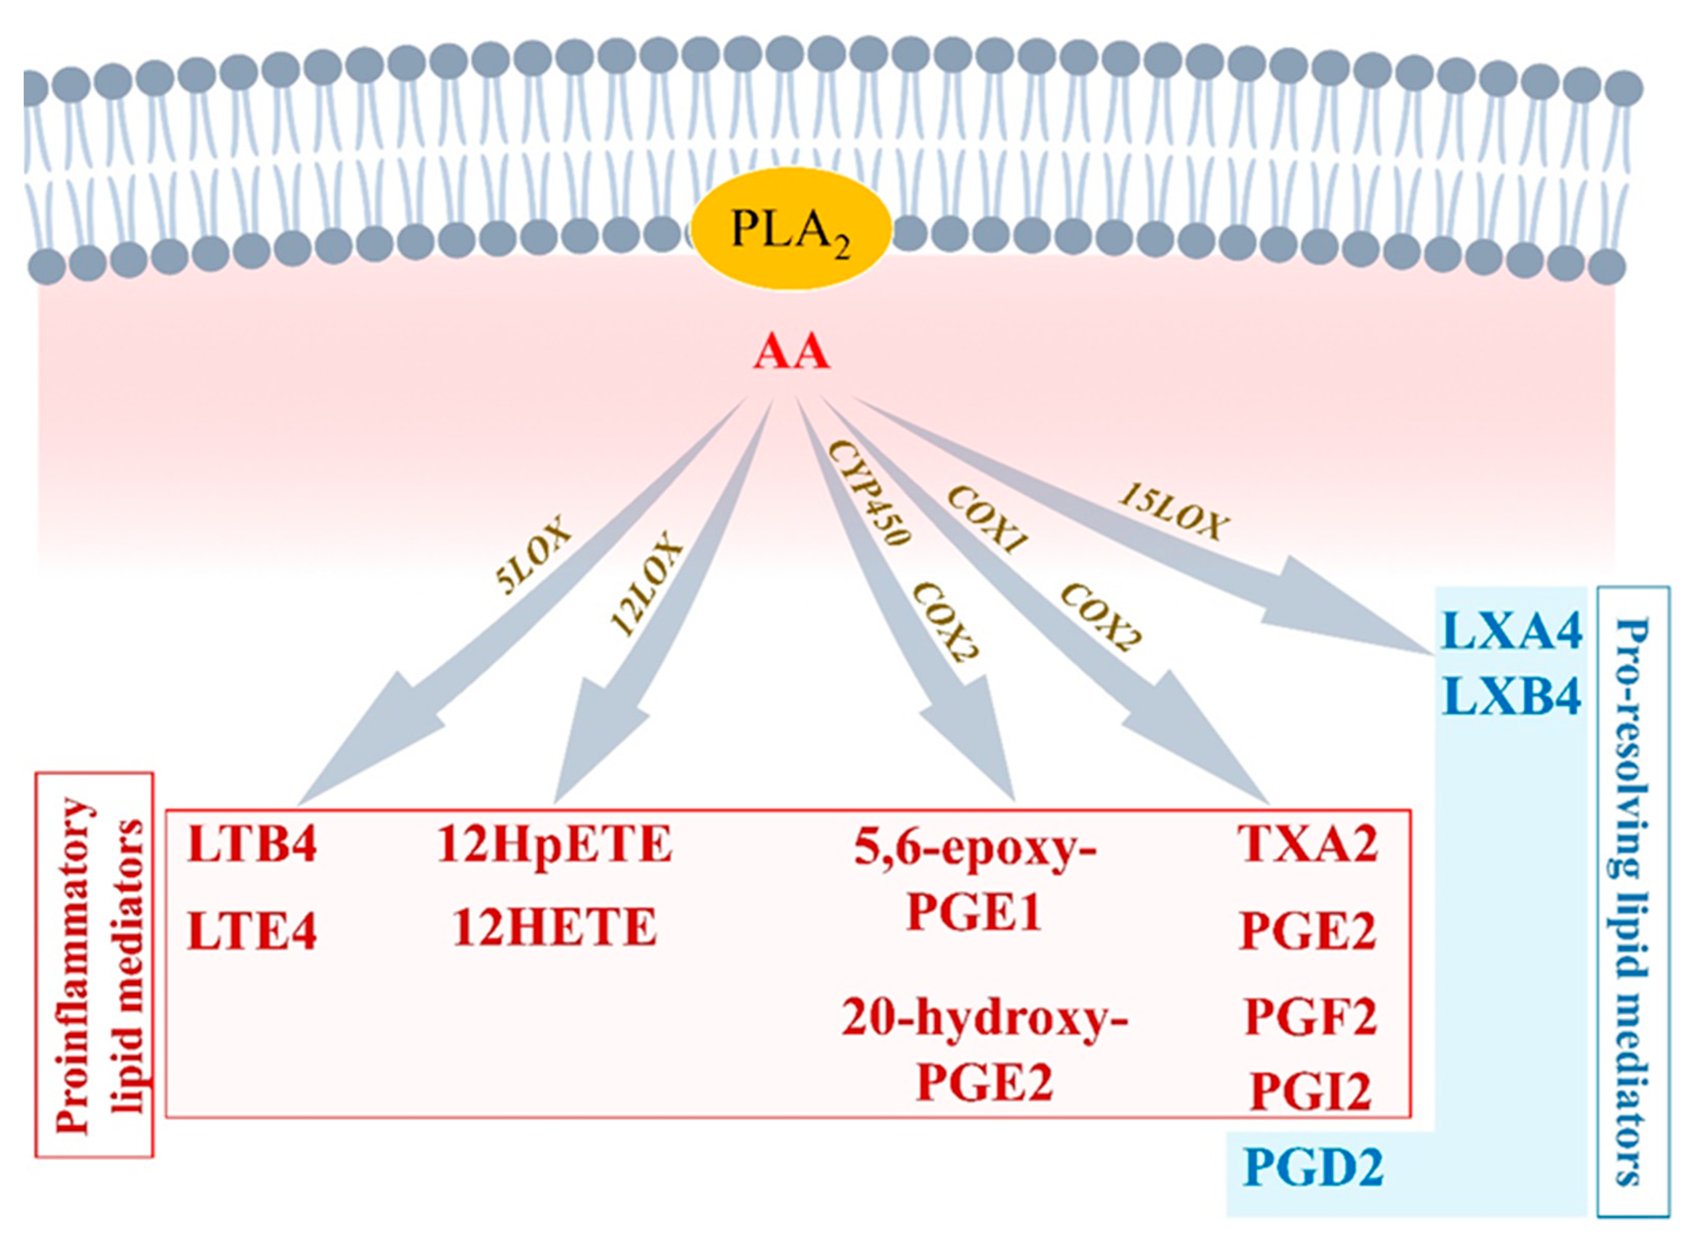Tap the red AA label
[x=791, y=353]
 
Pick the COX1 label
[x=986, y=519]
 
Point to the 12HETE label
[x=554, y=927]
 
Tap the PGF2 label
[x=1309, y=1017]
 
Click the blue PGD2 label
[x=1312, y=1168]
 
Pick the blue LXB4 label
[x=1511, y=697]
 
